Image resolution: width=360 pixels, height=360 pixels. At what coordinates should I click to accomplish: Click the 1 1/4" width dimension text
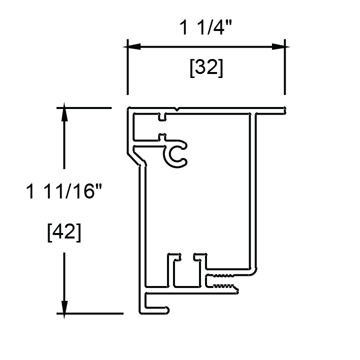[205, 28]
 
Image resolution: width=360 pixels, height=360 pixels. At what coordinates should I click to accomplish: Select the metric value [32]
[206, 68]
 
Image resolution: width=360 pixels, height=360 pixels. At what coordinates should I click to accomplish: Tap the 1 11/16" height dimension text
[67, 191]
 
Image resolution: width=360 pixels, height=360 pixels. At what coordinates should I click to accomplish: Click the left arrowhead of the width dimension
[132, 46]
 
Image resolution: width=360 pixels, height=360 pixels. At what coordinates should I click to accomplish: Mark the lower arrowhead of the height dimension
[64, 307]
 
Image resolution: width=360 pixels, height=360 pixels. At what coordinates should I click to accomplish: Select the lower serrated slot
[225, 286]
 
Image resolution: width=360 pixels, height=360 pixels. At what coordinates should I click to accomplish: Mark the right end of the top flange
[283, 110]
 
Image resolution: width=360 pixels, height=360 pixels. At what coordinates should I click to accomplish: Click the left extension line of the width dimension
[127, 70]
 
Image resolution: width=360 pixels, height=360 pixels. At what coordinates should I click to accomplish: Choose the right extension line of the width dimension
[285, 70]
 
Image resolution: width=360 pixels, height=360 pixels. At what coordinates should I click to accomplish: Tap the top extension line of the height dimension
[85, 107]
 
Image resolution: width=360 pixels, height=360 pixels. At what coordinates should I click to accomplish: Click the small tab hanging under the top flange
[162, 118]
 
